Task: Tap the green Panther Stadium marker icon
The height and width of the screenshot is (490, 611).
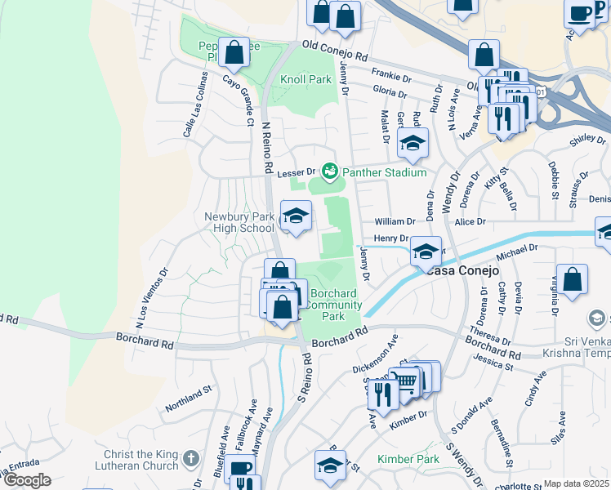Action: [x=330, y=171]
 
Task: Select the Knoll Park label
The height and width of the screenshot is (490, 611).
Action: [x=305, y=80]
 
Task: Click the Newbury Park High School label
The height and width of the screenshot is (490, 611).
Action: [x=239, y=222]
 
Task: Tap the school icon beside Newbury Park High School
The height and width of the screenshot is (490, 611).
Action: [x=296, y=216]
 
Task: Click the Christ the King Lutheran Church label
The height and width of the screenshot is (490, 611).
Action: [x=140, y=460]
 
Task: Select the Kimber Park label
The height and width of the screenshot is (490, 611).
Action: [x=408, y=459]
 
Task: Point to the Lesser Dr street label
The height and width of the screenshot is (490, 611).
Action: [x=296, y=172]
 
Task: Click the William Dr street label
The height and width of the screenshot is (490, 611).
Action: [x=395, y=222]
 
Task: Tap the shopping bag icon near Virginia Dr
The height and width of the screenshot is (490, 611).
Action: [x=572, y=279]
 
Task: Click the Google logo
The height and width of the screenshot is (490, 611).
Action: [x=28, y=480]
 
